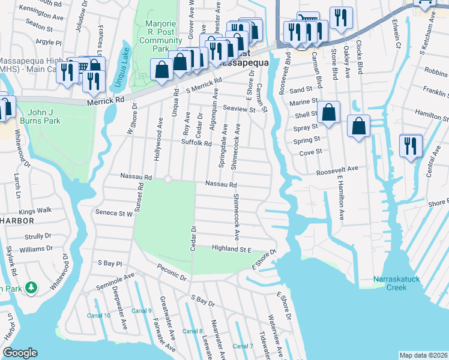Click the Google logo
[20, 353]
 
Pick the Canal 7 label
[243, 346]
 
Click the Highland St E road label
[231, 248]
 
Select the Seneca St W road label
[113, 212]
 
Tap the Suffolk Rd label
[197, 143]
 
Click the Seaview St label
[239, 110]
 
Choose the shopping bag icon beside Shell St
[329, 112]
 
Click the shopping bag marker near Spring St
[358, 127]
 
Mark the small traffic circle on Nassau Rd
[168, 179]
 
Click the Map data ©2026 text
[423, 355]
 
